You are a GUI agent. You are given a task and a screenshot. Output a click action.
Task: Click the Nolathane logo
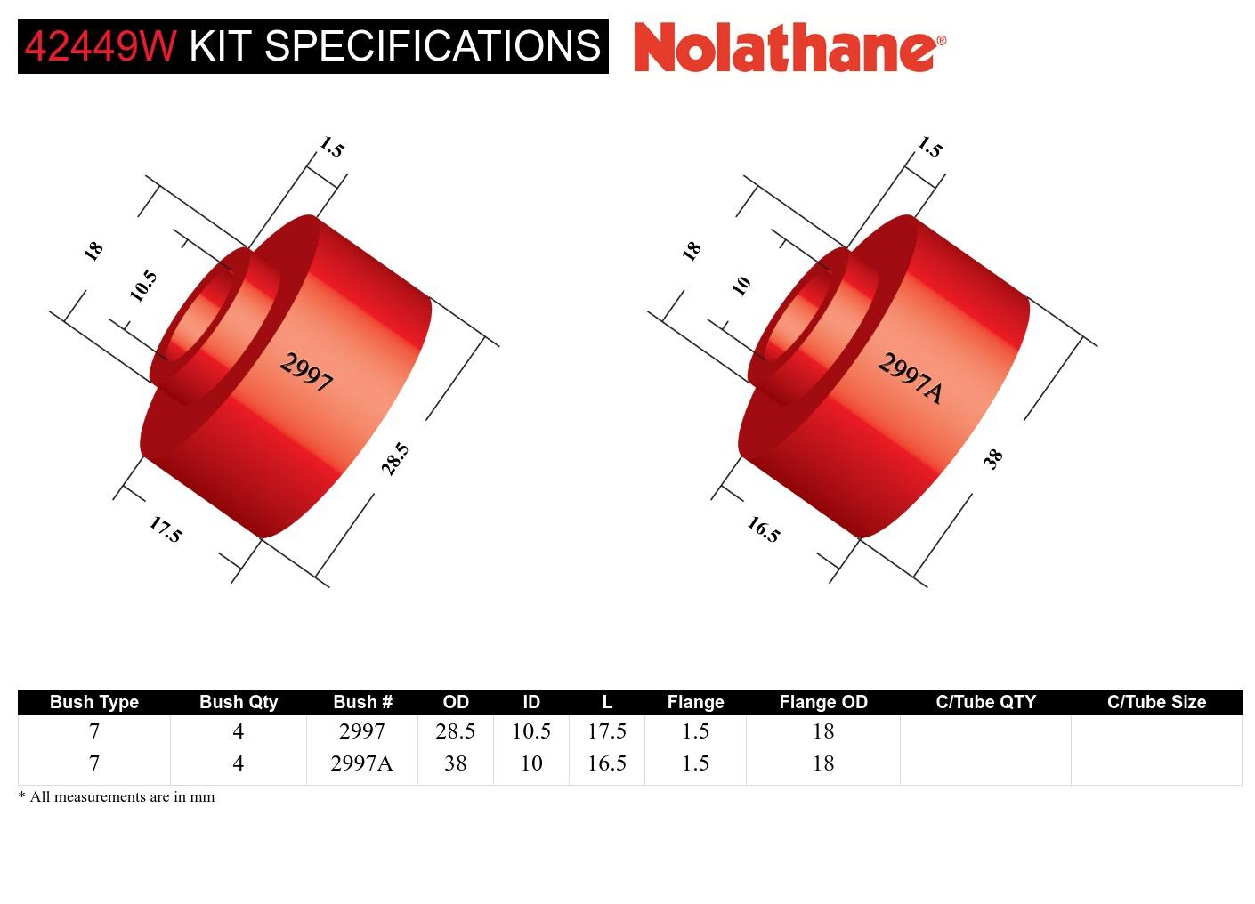(x=789, y=47)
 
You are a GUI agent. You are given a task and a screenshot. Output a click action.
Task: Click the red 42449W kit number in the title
(x=101, y=46)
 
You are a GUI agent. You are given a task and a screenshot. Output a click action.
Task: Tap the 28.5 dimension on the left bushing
(x=394, y=459)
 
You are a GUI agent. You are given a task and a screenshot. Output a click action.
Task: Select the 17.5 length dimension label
(x=166, y=530)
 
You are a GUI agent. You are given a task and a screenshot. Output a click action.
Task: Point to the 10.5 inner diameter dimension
(x=142, y=286)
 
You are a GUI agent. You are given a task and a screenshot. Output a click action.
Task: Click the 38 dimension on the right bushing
(x=993, y=458)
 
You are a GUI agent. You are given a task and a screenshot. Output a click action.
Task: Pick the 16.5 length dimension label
(x=764, y=530)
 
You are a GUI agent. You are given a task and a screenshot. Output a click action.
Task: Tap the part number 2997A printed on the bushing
(x=910, y=377)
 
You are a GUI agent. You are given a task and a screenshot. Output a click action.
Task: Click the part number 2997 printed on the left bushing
(x=307, y=372)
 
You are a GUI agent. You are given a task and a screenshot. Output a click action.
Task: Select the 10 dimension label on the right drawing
(x=741, y=286)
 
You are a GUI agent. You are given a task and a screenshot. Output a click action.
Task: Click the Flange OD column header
(x=822, y=702)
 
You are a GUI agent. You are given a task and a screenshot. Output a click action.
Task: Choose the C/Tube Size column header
(x=1155, y=702)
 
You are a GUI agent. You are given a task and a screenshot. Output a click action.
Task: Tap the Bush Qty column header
(x=238, y=702)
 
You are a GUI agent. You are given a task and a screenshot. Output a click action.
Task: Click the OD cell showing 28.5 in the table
(x=455, y=731)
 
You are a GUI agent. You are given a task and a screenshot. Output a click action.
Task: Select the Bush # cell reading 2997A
(x=361, y=763)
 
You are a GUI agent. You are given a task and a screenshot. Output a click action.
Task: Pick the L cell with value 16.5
(x=606, y=763)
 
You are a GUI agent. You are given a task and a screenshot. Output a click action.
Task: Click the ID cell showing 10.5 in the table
(x=530, y=731)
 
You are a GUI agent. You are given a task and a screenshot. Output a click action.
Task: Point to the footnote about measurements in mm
(x=117, y=796)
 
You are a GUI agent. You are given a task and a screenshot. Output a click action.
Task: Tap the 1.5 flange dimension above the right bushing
(x=929, y=147)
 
